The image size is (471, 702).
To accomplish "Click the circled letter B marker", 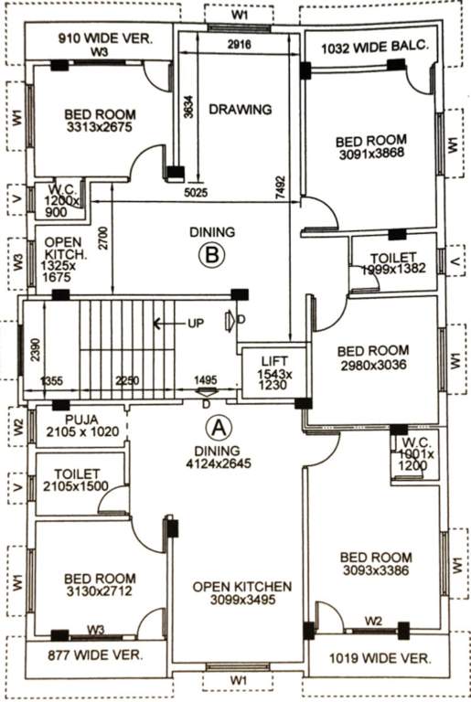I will pos(212,256).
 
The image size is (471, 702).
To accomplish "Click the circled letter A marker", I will pos(217,426).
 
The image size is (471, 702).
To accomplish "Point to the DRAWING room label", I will pos(240,110).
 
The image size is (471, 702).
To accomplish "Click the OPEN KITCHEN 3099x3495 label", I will pos(241,594).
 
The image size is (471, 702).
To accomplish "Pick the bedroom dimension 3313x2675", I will pos(100,129).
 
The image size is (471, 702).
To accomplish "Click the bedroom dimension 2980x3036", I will pos(371,365).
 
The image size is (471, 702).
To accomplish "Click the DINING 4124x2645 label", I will pos(217,457).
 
